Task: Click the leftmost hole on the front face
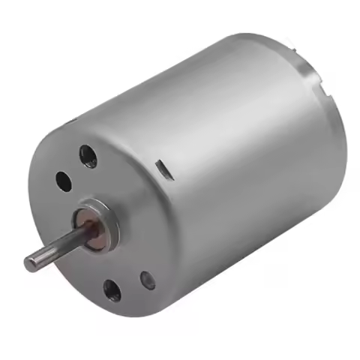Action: pos(63,180)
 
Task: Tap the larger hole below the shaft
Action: pos(112,289)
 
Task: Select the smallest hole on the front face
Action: pos(148,280)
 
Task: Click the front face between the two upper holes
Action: pos(76,169)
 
